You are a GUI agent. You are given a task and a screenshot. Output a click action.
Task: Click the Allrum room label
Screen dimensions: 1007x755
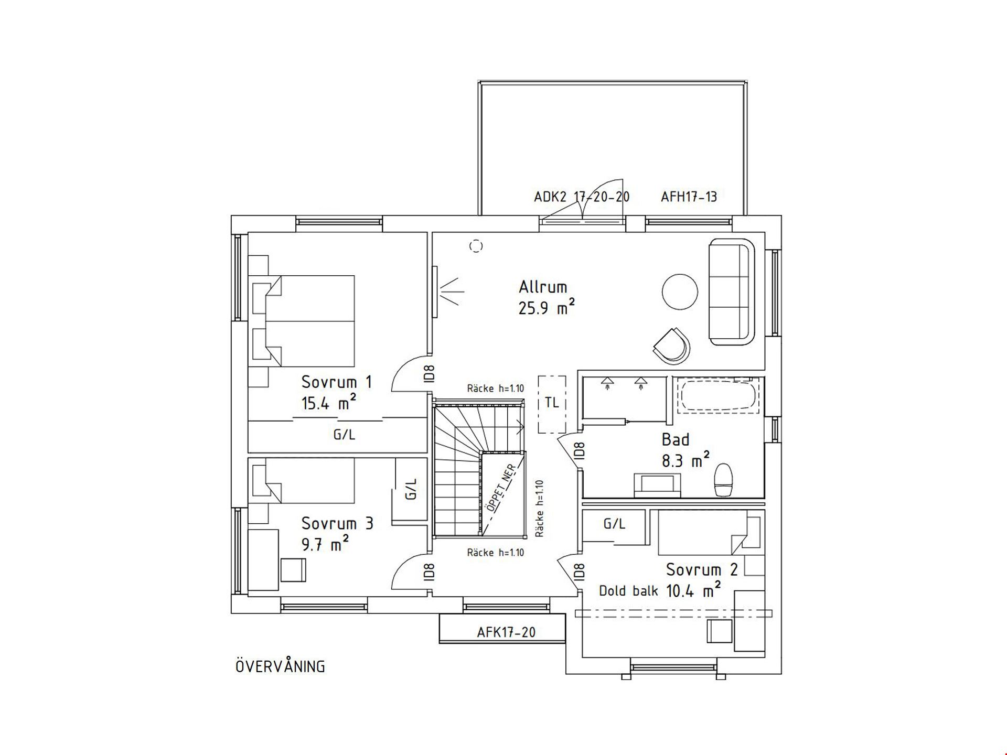[x=543, y=287]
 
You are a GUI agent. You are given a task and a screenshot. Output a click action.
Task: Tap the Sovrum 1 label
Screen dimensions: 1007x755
[x=337, y=382]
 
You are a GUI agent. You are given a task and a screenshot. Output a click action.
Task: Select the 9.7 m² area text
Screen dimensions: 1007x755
[x=325, y=545]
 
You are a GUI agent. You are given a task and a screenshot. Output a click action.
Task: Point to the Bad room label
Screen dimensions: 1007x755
[x=676, y=439]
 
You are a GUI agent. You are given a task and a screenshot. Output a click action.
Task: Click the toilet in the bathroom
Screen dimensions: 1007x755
[x=723, y=480]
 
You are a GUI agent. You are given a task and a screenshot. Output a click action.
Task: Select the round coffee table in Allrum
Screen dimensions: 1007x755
[x=680, y=292]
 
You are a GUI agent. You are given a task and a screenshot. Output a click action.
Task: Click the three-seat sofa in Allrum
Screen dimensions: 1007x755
[x=732, y=292]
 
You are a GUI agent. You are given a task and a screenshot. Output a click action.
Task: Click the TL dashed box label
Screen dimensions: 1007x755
[x=552, y=403]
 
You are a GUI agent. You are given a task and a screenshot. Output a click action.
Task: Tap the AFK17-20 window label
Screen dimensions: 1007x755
[x=506, y=632]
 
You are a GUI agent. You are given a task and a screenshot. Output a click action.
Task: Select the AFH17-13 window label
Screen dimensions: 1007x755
[x=689, y=197]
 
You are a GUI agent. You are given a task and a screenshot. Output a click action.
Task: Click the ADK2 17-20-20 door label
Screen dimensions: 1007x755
[x=582, y=197]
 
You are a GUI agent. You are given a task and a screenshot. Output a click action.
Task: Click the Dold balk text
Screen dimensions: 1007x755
[x=628, y=591]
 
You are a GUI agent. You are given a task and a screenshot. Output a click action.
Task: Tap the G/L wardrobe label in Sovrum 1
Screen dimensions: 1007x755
[x=345, y=435]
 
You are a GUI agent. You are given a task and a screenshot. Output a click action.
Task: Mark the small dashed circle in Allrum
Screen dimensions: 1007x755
[x=476, y=246]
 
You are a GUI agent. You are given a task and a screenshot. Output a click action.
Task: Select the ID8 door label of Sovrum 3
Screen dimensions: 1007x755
[x=429, y=571]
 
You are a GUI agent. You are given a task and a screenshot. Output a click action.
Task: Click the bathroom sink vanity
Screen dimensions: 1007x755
[x=658, y=485]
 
